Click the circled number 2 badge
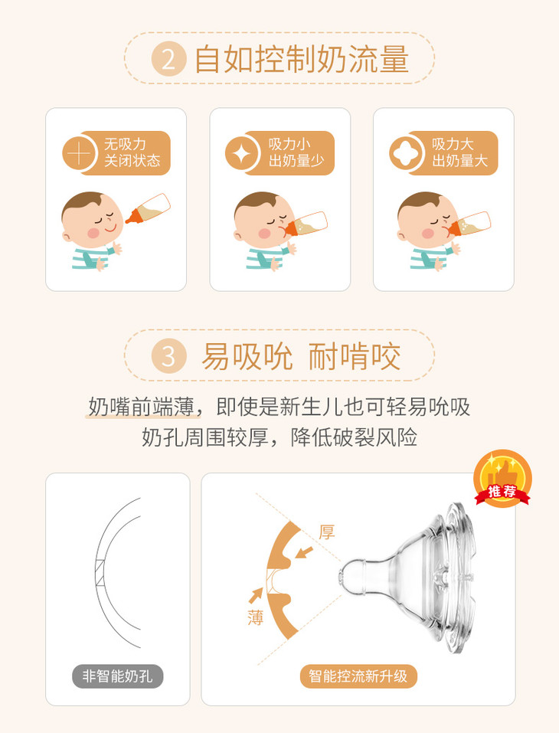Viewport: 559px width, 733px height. pos(168,60)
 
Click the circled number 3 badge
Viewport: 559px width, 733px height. pos(168,356)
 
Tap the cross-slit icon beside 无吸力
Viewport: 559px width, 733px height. pos(80,153)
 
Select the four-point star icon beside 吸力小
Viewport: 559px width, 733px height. pos(242,153)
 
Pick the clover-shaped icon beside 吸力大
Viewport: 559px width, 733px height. pos(405,153)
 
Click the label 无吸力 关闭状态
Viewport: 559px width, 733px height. pos(132,153)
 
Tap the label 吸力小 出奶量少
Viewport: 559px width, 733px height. pos(296,153)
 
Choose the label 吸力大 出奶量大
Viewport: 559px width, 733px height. pos(459,153)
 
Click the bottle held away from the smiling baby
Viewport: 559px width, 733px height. pos(148,208)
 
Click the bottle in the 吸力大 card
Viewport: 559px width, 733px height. pos(469,224)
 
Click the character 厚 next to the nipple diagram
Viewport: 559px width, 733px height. pos(327,532)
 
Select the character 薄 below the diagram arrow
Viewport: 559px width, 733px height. pos(255,617)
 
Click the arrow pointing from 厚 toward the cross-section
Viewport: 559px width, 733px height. pos(304,552)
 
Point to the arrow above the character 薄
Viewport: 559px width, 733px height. pos(256,595)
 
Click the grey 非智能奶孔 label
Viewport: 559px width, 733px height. pos(118,676)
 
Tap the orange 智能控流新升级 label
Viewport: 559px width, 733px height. pos(358,676)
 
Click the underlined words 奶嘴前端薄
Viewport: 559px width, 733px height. pos(142,407)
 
